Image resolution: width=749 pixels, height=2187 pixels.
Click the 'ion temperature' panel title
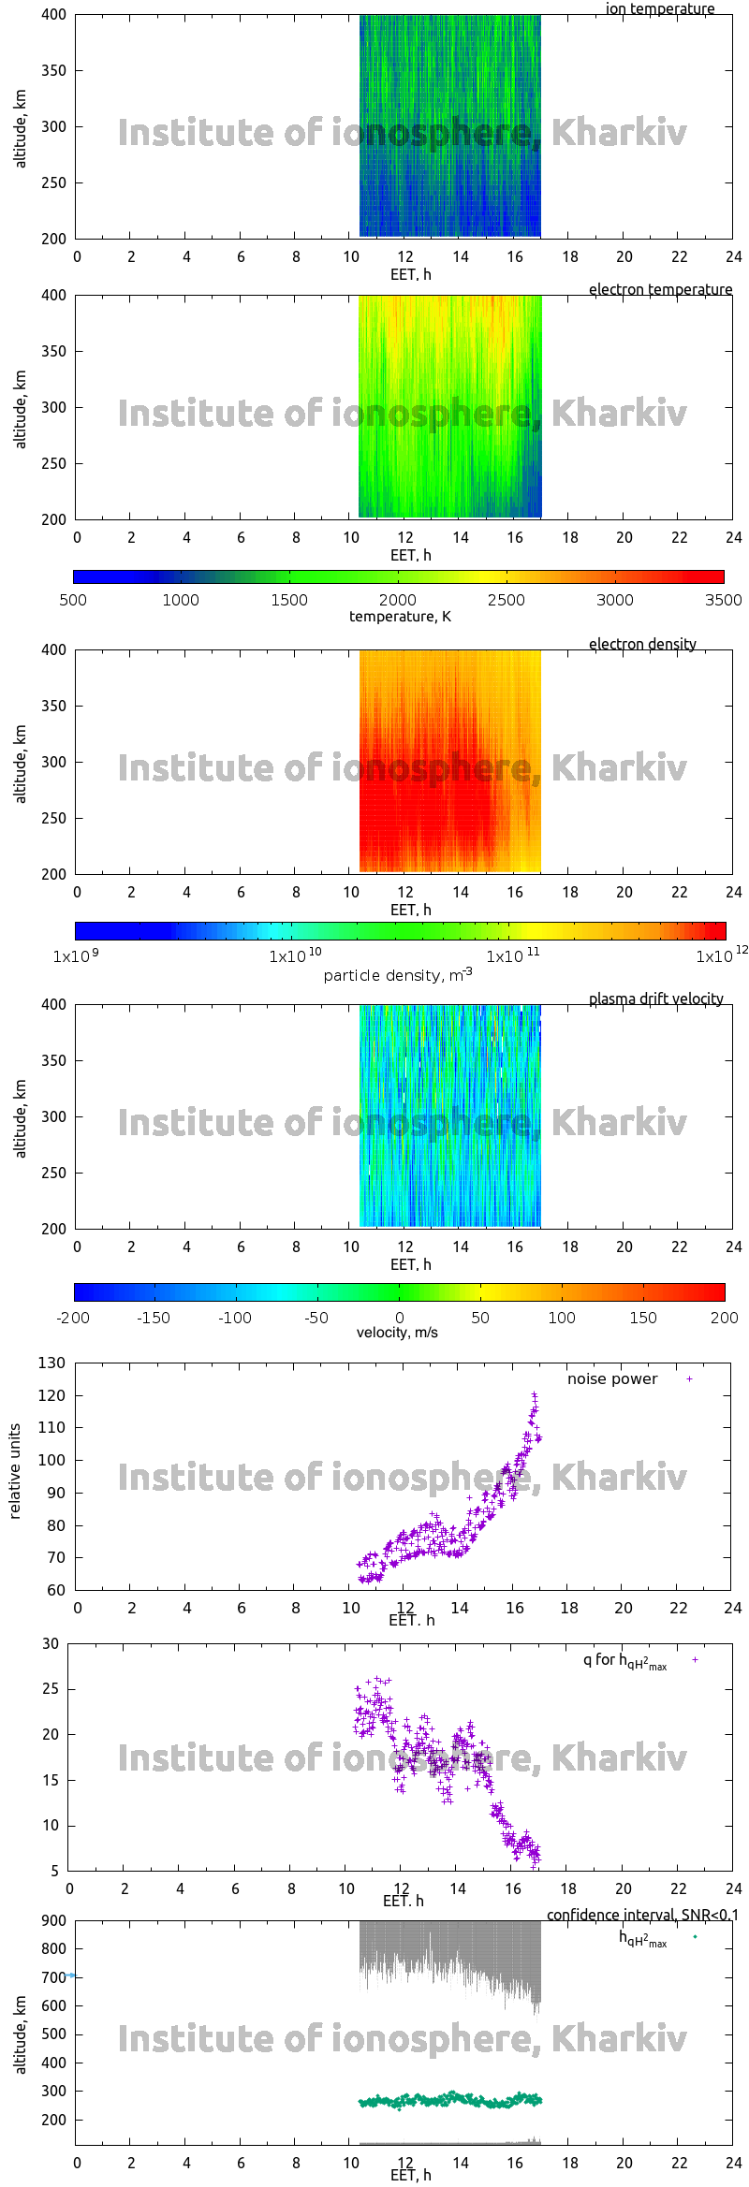[659, 9]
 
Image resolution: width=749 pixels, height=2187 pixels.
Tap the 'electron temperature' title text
[660, 289]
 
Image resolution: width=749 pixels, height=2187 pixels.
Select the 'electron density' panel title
[642, 644]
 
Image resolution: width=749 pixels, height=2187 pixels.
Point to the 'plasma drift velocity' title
[655, 999]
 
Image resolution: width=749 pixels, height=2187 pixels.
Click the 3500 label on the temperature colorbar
[723, 600]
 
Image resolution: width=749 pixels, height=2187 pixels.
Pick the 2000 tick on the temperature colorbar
[398, 600]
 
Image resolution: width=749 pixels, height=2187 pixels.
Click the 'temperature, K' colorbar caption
[400, 616]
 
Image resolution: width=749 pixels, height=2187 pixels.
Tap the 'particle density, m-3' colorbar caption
[398, 975]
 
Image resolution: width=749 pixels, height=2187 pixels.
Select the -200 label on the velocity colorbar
[73, 1318]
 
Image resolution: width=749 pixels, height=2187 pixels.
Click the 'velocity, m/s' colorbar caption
[397, 1332]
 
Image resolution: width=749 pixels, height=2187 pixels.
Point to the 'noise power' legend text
[612, 1379]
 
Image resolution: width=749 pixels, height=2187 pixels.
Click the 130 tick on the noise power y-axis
[51, 1363]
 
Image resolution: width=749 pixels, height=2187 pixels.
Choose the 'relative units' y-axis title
[15, 1471]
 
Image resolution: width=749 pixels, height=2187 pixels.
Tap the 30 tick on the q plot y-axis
[51, 1643]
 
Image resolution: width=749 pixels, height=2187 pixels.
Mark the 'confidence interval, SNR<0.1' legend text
[642, 1915]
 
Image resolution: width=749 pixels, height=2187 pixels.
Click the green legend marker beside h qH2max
[695, 1936]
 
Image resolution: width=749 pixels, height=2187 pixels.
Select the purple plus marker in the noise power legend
[689, 1379]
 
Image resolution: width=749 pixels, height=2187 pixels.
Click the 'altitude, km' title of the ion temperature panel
[21, 129]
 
